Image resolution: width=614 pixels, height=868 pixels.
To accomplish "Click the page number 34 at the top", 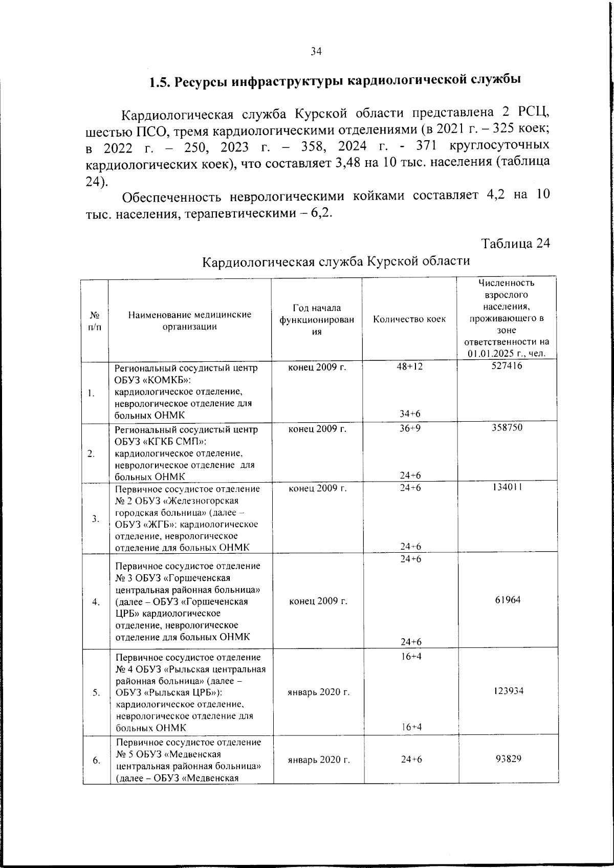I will click(x=316, y=51).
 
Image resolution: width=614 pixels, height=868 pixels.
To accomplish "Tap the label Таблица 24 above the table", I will click(x=516, y=243).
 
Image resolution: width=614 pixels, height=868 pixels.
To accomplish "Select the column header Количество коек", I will click(x=409, y=319).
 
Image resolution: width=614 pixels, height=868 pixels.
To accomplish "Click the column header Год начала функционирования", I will click(x=317, y=319).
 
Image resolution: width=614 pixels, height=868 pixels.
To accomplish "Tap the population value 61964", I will click(x=508, y=600).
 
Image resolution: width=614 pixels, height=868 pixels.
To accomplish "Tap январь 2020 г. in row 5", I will click(x=319, y=692).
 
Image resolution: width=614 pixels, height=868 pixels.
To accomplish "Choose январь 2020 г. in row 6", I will click(x=319, y=759).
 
